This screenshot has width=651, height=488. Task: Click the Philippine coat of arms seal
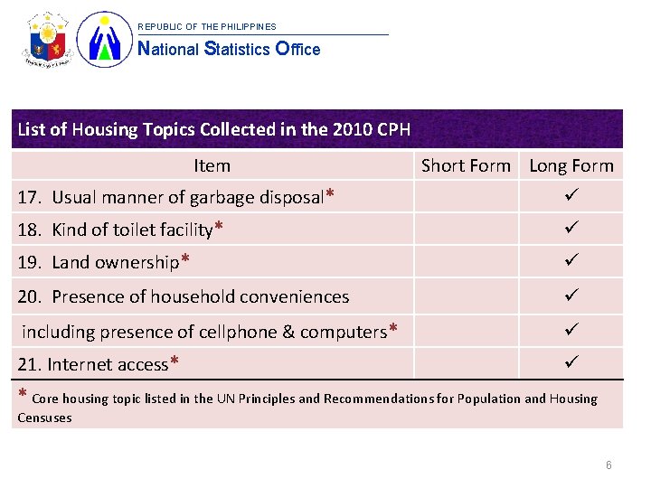(x=48, y=41)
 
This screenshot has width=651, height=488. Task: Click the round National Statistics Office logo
(x=105, y=41)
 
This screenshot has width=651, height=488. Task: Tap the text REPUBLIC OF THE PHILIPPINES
(x=207, y=26)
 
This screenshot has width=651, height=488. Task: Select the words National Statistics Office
(x=228, y=49)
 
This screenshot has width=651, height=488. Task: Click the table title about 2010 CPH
(x=214, y=129)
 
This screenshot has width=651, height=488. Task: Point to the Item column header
(x=212, y=165)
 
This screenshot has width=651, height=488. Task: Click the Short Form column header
(x=466, y=165)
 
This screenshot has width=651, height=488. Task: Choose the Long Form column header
(x=571, y=165)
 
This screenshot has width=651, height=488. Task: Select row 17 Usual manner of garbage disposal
(x=177, y=197)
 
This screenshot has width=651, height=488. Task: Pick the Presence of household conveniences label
(x=184, y=296)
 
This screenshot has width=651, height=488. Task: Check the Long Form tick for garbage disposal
(x=571, y=195)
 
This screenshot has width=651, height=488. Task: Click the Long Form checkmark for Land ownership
(x=571, y=261)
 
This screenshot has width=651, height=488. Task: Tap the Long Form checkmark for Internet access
(x=571, y=362)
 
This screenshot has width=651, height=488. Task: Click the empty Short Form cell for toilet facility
(x=466, y=230)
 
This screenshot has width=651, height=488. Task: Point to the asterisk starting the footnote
(x=23, y=396)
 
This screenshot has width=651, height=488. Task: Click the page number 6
(x=609, y=465)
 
